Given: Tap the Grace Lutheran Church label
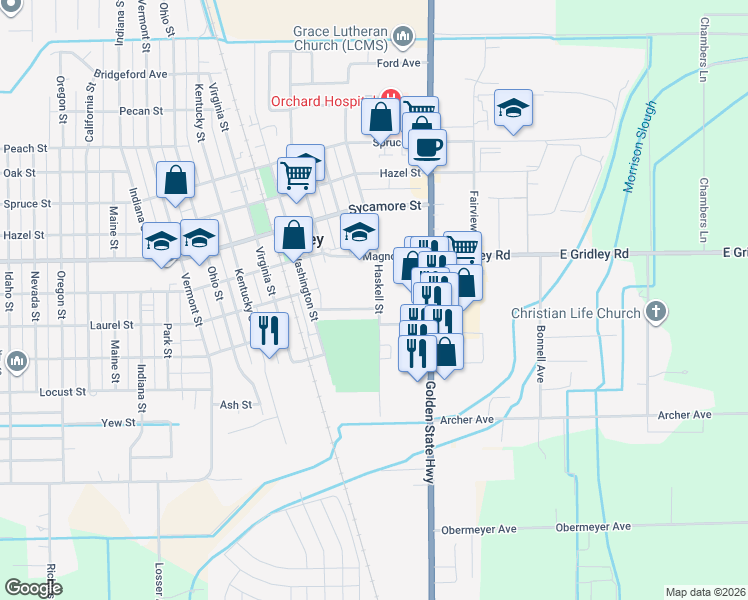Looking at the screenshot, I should (x=340, y=38).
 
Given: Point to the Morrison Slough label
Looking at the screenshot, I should (x=640, y=146).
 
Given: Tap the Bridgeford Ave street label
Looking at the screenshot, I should (x=130, y=74).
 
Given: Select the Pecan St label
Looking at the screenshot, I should (x=140, y=111).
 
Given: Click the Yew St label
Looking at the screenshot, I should (x=118, y=423).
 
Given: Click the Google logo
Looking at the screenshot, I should (x=33, y=588).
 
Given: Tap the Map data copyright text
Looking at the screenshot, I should (x=705, y=592).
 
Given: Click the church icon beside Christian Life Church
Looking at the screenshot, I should (x=656, y=311).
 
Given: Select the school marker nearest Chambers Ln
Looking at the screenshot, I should (x=513, y=107).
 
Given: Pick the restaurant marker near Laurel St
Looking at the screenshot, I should (x=268, y=329).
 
